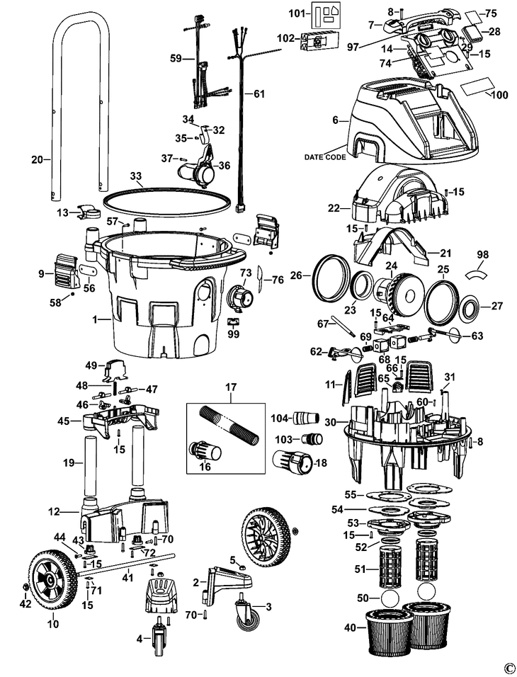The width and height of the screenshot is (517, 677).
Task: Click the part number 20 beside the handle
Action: click(37, 160)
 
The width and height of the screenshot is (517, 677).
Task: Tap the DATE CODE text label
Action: click(325, 157)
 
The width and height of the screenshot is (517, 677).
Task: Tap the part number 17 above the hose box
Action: click(230, 387)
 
